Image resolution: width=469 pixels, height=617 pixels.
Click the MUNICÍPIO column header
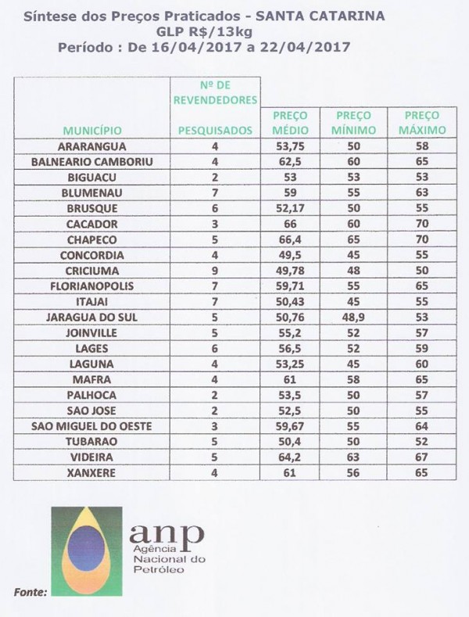93,130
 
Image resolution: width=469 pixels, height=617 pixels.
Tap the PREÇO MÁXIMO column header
421,123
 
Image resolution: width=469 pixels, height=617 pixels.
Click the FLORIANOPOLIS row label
93,286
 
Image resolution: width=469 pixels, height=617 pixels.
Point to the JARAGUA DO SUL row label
93,317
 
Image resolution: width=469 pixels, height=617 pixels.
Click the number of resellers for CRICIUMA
215,271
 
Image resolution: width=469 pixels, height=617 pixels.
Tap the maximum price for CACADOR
421,224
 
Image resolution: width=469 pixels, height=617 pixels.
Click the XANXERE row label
93,473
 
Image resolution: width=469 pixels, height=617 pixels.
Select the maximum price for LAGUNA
421,364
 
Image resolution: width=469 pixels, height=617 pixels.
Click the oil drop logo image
87,551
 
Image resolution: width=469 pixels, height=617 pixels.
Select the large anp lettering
166,534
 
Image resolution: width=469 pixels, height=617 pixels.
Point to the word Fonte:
31,592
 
